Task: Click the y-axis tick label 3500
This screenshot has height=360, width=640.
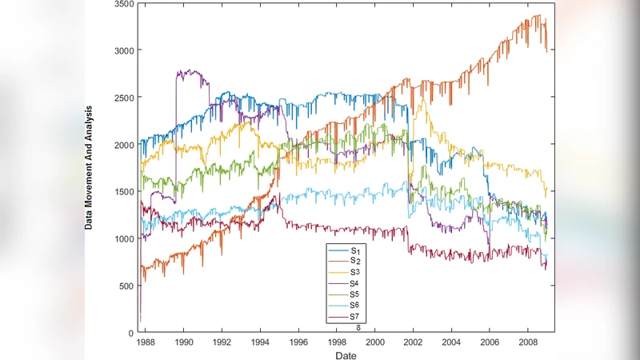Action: point(122,5)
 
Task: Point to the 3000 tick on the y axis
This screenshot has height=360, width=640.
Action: point(122,50)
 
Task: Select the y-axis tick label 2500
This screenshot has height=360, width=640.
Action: point(122,98)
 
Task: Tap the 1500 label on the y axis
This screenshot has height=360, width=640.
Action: point(122,192)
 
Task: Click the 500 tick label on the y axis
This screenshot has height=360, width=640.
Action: point(125,286)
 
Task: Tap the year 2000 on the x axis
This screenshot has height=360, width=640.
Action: point(374,342)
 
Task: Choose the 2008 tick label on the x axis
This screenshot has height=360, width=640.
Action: point(527,342)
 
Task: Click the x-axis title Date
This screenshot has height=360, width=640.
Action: point(346,354)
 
